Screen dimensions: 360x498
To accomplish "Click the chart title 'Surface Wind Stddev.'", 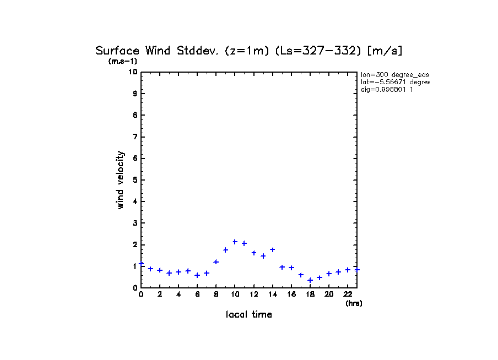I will (249, 51).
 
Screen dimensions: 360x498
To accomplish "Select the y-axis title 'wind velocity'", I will (120, 180).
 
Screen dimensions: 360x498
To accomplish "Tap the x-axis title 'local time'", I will (249, 315).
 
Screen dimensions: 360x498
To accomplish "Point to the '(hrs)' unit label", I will (354, 303).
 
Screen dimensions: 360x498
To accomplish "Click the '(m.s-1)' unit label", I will (122, 61).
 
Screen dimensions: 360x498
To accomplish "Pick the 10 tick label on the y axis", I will (133, 72).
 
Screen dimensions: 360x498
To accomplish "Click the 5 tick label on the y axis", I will (135, 180).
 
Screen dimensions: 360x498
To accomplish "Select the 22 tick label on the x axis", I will (348, 294).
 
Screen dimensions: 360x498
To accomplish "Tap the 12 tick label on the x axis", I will (254, 294).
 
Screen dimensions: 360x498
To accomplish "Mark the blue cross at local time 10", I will (235, 242).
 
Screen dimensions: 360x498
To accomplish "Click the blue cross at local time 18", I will (310, 280).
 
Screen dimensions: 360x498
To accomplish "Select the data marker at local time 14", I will (273, 249).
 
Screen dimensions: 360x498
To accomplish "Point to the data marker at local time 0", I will (142, 264).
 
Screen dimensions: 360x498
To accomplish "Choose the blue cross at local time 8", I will (216, 262).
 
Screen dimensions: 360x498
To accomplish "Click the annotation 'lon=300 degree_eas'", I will (394, 74).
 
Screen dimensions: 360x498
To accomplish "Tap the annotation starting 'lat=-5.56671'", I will (394, 82).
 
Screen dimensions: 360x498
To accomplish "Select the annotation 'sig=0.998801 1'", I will (387, 90).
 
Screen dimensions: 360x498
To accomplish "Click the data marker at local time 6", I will (198, 275).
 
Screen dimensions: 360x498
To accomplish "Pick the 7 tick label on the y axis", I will (135, 137).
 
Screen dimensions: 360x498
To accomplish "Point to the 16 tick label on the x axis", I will (291, 294).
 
